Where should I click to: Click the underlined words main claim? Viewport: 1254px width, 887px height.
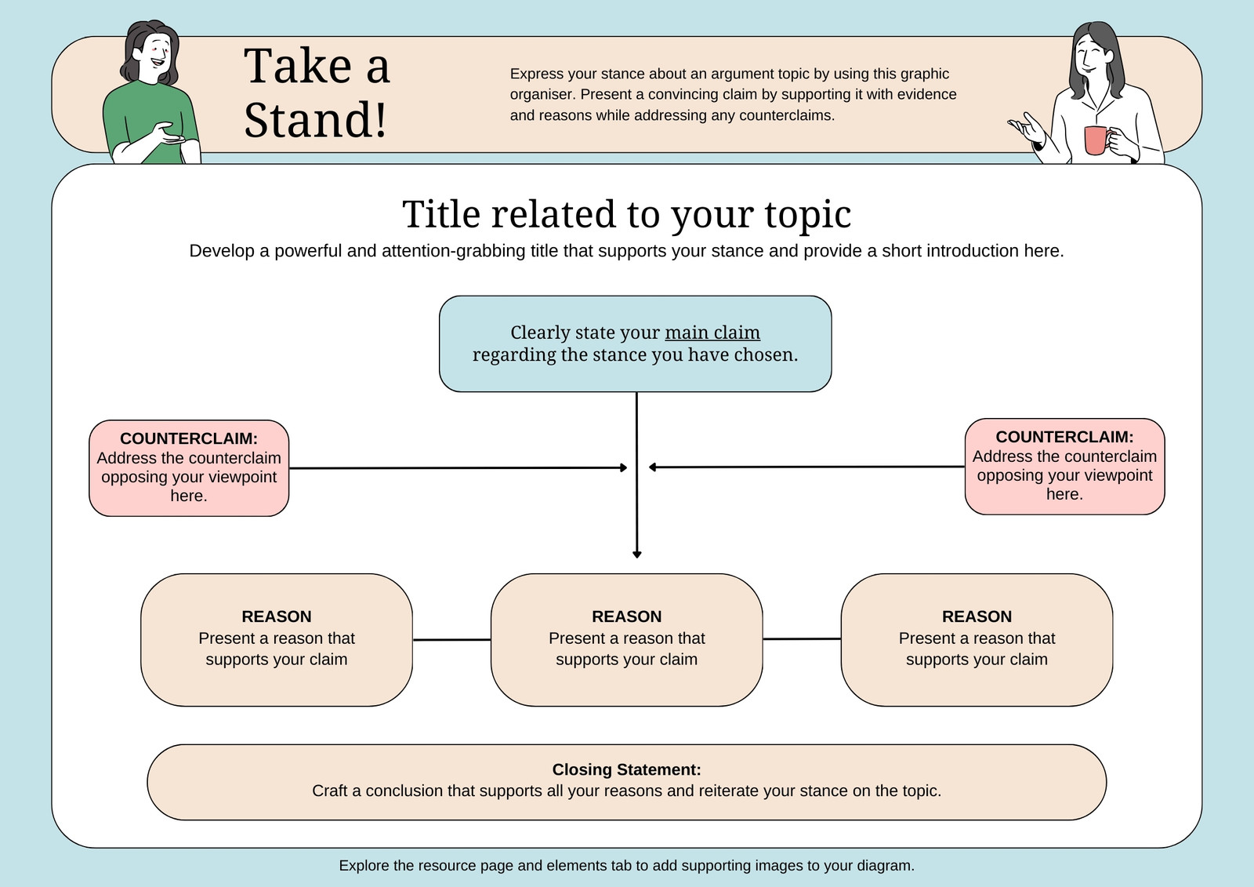coord(712,333)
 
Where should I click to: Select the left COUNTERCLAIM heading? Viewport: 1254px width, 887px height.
coord(189,438)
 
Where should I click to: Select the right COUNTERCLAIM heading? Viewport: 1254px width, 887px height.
coord(1064,437)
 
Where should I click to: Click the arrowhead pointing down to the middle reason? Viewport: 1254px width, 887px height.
coord(636,554)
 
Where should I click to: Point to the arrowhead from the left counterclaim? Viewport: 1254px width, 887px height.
coord(624,467)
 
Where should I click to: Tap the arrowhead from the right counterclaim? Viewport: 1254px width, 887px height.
coord(652,467)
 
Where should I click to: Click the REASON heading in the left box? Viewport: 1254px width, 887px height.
coord(277,616)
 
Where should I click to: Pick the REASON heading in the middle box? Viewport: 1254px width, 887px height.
coord(626,616)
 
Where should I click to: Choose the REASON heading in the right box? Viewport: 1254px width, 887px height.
coord(977,616)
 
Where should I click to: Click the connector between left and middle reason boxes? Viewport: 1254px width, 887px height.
coord(451,639)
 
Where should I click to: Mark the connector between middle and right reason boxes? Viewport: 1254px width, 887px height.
coord(802,638)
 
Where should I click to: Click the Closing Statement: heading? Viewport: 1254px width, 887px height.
coord(626,769)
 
